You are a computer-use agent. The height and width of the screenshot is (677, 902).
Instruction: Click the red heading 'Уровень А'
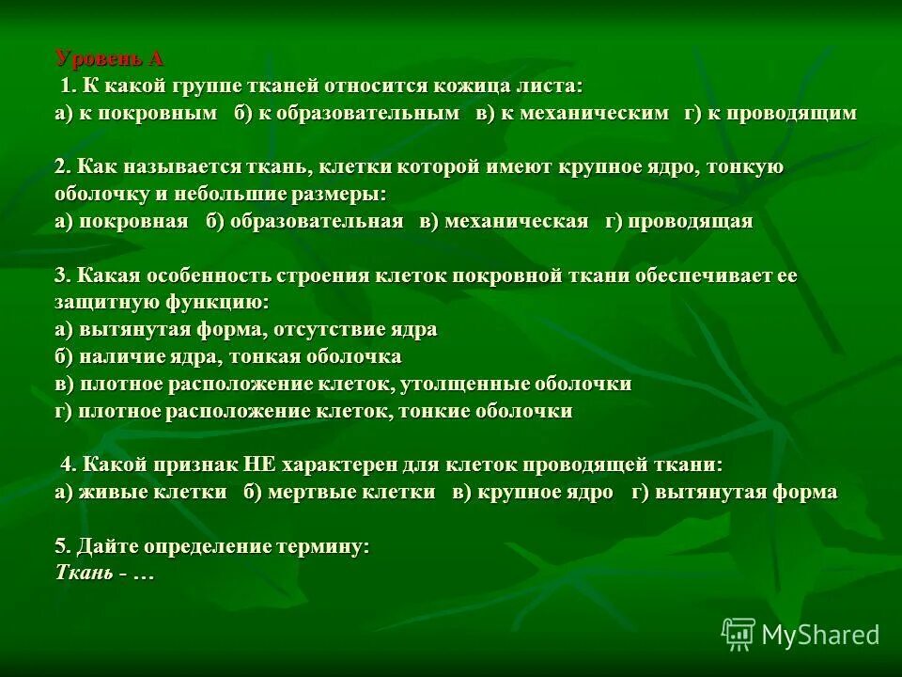[110, 58]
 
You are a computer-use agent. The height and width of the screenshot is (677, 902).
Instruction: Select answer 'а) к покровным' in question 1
[137, 113]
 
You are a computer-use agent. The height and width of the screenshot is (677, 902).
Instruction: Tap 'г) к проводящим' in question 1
[770, 113]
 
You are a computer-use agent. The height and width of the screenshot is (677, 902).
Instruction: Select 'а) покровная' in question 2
[122, 222]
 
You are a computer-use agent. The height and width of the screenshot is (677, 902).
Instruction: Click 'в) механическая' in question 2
[504, 222]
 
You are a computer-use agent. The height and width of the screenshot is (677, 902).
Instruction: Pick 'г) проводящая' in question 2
[678, 222]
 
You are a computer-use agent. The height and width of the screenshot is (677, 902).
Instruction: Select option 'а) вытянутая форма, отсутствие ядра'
[246, 330]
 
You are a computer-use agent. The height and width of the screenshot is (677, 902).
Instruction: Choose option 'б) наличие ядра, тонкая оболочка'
[228, 357]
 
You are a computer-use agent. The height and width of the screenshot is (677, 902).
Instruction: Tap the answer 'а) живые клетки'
[141, 492]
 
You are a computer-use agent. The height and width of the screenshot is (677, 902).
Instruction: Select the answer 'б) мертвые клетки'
[339, 492]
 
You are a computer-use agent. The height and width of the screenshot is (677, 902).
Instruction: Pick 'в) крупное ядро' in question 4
[532, 492]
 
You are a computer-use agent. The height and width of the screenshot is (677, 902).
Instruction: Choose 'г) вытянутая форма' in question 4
[734, 492]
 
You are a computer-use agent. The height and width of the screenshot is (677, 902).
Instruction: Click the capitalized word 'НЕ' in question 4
[257, 464]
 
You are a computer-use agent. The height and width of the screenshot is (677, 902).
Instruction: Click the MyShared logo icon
[739, 635]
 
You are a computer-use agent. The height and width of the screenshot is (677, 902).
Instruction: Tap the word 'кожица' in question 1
[466, 86]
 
